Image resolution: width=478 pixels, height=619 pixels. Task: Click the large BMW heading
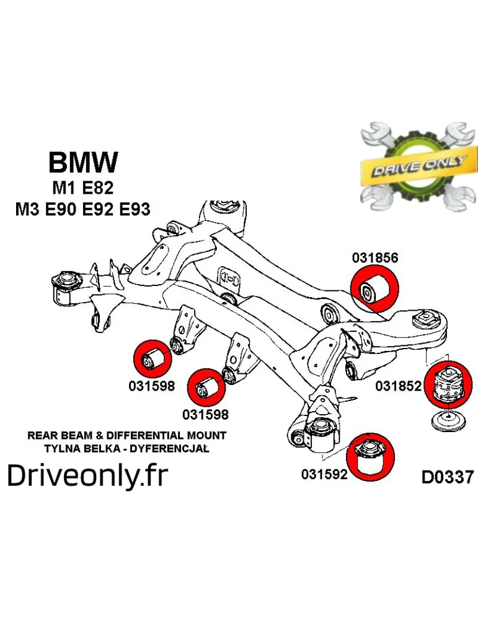tap(82, 163)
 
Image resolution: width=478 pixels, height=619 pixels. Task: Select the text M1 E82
tap(82, 187)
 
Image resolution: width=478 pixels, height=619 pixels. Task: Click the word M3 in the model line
tap(28, 209)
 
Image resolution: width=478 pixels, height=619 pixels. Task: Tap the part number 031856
tap(374, 258)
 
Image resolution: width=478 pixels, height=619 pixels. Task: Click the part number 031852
tap(399, 386)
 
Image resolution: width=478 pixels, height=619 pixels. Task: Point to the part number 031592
tap(324, 474)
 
